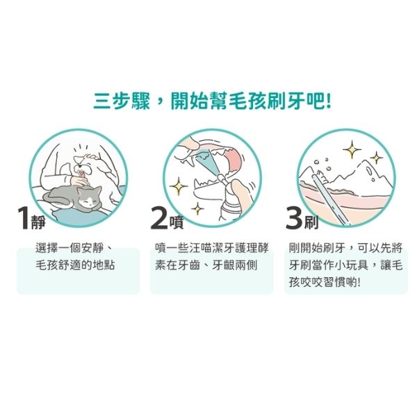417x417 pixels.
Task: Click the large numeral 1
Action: tap(24, 218)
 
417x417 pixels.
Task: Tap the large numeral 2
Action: tap(158, 218)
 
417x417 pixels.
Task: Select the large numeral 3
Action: tap(294, 218)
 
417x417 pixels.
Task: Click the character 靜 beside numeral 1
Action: tap(38, 222)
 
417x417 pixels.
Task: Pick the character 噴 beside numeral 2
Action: tap(177, 222)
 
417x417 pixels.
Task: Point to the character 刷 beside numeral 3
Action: tap(311, 222)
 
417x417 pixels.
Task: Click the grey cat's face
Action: tap(89, 199)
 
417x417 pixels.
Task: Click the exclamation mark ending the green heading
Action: tap(329, 101)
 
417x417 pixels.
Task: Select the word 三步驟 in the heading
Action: tap(122, 101)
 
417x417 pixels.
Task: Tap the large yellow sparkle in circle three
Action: tap(352, 149)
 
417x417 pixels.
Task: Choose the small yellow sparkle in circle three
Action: tap(376, 158)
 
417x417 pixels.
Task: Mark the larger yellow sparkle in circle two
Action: tap(179, 186)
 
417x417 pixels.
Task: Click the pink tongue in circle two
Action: tap(234, 160)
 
